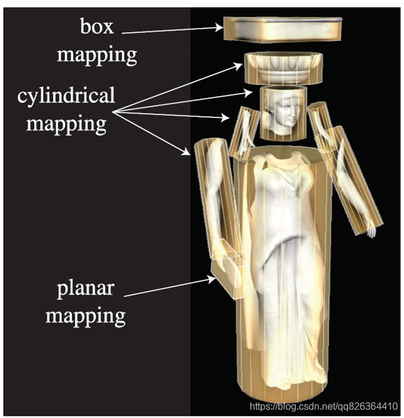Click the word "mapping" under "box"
97,55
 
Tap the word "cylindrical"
66,96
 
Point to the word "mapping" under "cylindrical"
66,124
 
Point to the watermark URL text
324,405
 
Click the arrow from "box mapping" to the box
176,29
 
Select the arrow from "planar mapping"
170,288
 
